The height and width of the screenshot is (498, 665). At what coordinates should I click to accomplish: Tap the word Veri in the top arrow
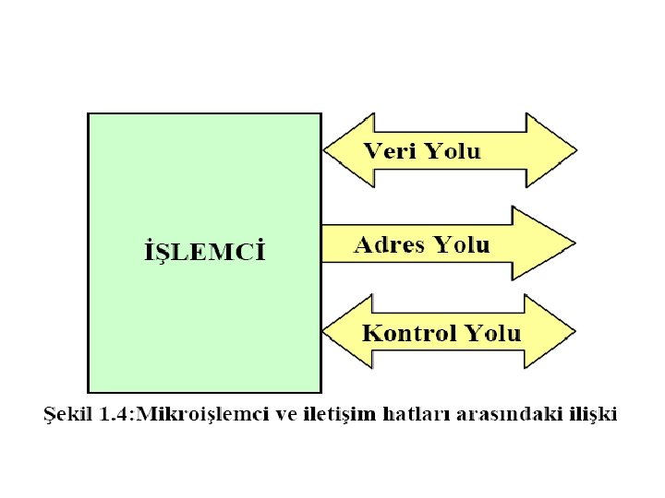point(389,151)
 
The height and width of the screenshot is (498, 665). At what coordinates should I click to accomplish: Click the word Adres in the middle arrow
point(389,244)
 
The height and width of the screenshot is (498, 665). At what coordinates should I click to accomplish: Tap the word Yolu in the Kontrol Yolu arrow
point(492,333)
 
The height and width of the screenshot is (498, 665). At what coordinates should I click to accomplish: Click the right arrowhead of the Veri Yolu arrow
point(553,150)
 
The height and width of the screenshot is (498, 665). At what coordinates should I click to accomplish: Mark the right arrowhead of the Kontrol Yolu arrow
point(551,332)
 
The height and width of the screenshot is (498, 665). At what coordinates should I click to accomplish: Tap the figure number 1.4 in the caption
point(114,414)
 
